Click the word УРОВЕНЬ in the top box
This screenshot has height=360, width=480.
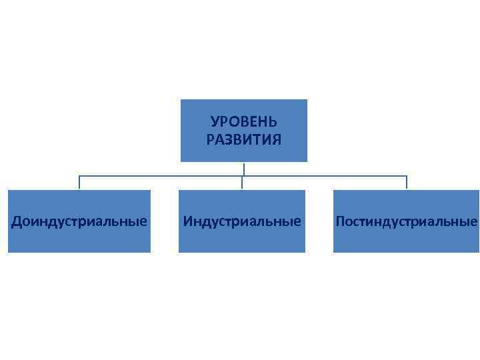click(x=243, y=123)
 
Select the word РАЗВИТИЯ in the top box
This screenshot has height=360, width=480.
click(x=243, y=140)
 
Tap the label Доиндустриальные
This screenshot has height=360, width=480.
click(x=79, y=221)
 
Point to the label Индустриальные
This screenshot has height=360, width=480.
click(x=242, y=221)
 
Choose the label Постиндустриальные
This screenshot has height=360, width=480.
click(x=406, y=221)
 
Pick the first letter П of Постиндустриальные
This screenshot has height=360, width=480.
click(x=340, y=221)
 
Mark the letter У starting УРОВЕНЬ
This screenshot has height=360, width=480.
click(x=215, y=123)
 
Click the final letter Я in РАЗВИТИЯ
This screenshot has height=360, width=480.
click(x=277, y=140)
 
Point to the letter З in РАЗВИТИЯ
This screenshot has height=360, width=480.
click(x=229, y=140)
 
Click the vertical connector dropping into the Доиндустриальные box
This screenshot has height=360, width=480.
click(x=79, y=183)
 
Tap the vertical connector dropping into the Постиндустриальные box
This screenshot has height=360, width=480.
click(x=406, y=183)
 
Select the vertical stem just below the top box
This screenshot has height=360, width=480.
click(x=243, y=169)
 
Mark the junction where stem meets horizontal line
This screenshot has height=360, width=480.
click(x=243, y=177)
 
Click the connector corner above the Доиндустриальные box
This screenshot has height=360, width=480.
click(x=79, y=177)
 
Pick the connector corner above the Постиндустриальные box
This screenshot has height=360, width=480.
click(x=406, y=177)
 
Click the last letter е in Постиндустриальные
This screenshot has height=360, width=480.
click(x=474, y=221)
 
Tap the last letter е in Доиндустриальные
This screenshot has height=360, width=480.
click(x=143, y=221)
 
